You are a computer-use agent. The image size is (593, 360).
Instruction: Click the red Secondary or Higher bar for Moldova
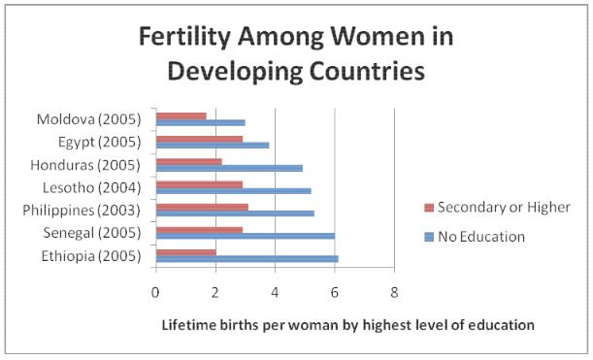(181, 116)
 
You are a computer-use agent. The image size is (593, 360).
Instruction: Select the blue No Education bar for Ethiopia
(247, 259)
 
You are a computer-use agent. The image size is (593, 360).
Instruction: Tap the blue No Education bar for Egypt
(213, 146)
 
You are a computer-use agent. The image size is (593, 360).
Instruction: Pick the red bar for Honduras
(188, 162)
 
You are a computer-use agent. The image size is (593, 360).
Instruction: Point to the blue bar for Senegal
(246, 237)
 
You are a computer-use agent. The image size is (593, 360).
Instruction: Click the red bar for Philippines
(202, 208)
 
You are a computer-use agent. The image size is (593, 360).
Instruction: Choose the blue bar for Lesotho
(234, 191)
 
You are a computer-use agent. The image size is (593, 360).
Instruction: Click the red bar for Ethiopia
(186, 252)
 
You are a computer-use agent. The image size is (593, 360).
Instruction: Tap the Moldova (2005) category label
(89, 119)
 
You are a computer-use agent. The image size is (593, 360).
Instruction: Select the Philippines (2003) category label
(82, 211)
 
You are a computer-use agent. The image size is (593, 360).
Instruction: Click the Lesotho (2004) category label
(91, 187)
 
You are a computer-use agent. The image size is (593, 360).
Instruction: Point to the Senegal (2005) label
(92, 233)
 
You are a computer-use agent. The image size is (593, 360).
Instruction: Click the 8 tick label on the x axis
(394, 293)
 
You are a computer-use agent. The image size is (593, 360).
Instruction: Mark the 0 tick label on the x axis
(155, 293)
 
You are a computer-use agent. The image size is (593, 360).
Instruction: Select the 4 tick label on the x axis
(275, 293)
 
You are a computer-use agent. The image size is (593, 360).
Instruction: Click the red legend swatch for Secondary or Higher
(429, 208)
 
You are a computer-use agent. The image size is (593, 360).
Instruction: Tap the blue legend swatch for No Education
(429, 237)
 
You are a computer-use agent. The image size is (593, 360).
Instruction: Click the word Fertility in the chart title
(184, 38)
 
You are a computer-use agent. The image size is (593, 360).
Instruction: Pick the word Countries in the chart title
(367, 71)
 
